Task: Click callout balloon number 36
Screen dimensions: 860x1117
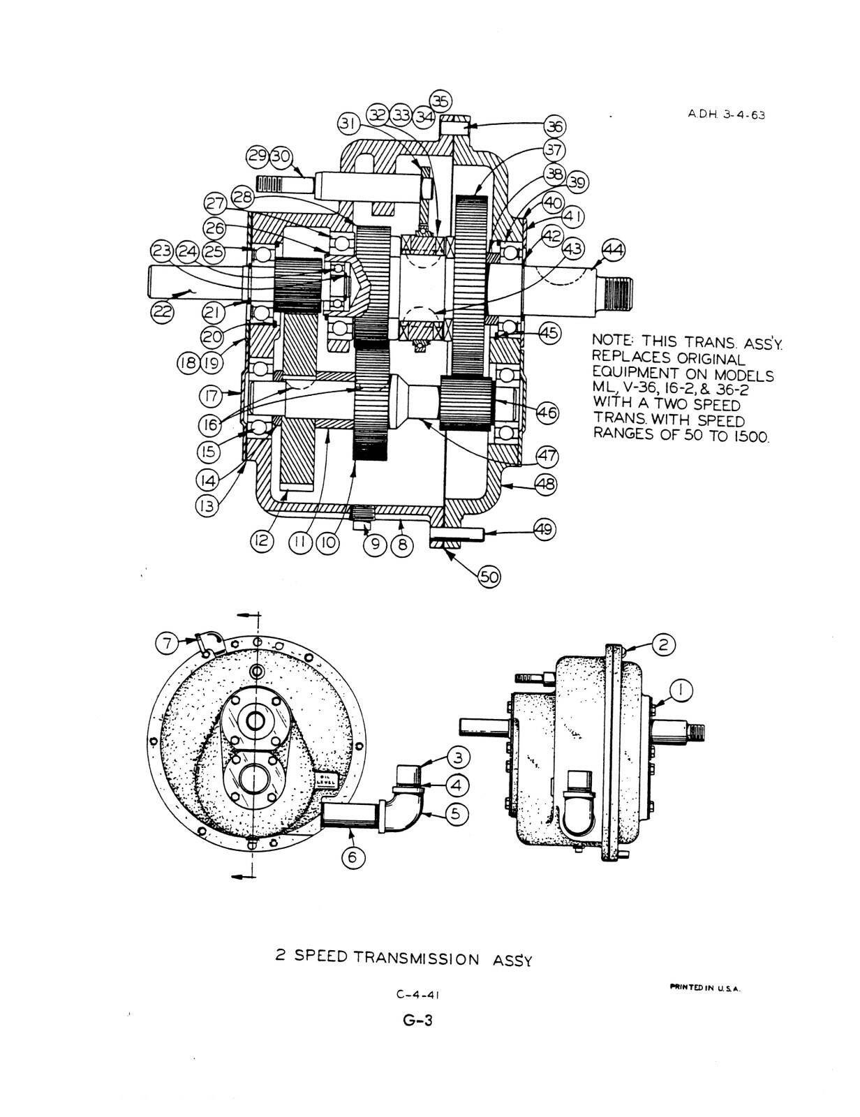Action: [x=554, y=126]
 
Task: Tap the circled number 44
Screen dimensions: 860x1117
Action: [x=614, y=251]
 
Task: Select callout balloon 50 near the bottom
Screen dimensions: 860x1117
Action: [x=489, y=577]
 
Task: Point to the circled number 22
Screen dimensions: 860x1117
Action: [x=163, y=312]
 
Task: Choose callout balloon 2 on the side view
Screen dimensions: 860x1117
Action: [x=663, y=644]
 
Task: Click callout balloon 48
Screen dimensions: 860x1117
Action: [x=546, y=484]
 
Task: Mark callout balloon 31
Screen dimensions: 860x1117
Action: [x=349, y=124]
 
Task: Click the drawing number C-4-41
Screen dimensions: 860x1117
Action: [x=417, y=1009]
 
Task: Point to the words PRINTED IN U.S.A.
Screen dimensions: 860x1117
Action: [x=705, y=987]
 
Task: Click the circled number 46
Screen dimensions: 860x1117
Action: [x=548, y=413]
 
